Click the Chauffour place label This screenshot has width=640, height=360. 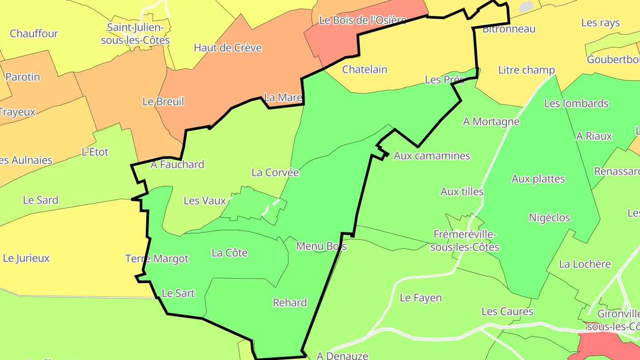click(34, 33)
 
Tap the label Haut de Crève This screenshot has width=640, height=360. click(228, 48)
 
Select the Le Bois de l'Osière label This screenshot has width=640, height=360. click(363, 20)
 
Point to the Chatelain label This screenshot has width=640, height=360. click(364, 69)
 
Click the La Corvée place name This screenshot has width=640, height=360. click(275, 172)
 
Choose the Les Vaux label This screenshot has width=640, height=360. click(205, 200)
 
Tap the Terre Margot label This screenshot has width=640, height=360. click(157, 259)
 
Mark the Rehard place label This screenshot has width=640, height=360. click(290, 303)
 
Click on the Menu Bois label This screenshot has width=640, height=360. click(321, 246)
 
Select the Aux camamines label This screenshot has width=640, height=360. click(432, 156)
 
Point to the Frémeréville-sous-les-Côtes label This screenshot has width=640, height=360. click(465, 240)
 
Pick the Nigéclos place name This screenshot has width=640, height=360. click(549, 218)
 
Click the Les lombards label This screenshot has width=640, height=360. click(576, 104)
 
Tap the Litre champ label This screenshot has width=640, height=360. click(526, 70)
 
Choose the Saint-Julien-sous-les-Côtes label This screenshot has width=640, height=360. click(136, 34)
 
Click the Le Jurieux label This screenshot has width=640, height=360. click(26, 258)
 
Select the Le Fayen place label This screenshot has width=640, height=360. click(420, 298)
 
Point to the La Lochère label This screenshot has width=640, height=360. click(585, 264)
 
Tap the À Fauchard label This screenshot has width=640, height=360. click(177, 164)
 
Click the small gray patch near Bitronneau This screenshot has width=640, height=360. click(526, 7)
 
